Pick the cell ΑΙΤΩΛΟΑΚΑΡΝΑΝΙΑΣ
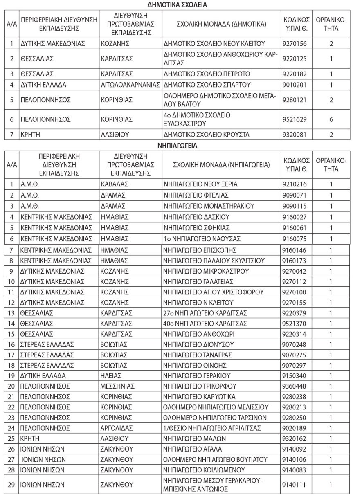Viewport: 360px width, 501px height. (x=130, y=85)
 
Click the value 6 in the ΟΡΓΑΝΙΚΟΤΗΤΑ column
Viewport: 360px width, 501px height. (x=331, y=119)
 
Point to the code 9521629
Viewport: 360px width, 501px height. (x=297, y=119)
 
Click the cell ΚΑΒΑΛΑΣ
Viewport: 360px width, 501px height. (x=114, y=184)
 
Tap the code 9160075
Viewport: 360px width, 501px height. (x=297, y=238)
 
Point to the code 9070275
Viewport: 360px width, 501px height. (x=297, y=354)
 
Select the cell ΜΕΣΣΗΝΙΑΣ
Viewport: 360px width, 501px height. (x=117, y=386)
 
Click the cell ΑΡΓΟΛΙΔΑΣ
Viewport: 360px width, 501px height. (x=117, y=428)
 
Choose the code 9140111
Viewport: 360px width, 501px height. (x=297, y=485)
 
